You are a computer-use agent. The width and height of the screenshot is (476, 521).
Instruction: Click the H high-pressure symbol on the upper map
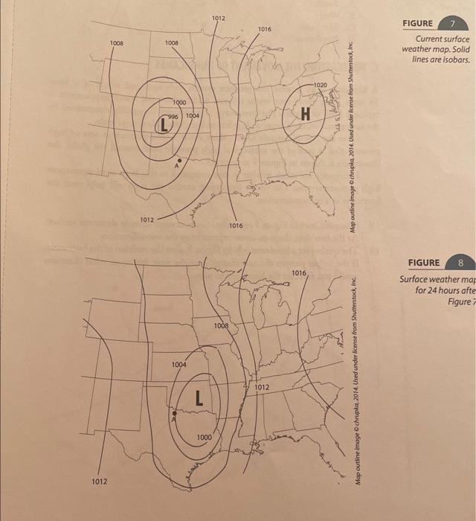(305, 113)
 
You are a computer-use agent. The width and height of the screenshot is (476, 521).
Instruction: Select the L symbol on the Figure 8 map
(199, 398)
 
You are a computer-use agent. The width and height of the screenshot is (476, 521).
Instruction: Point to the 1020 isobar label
(320, 86)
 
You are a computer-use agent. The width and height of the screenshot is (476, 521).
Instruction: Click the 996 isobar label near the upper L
(173, 116)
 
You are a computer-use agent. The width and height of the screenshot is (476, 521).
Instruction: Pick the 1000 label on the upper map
(179, 102)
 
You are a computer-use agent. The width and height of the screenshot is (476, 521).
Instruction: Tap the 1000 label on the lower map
(204, 437)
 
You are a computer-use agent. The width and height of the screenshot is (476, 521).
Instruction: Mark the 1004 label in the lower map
(179, 365)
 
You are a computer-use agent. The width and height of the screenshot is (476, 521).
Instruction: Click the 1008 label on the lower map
(221, 326)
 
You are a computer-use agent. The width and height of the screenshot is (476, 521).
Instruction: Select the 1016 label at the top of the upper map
(265, 28)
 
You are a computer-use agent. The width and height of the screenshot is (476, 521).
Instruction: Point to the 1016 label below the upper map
(236, 224)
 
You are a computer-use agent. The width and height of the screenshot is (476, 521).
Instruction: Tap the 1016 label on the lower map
(299, 274)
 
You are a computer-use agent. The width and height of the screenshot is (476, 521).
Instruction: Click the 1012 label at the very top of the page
(219, 17)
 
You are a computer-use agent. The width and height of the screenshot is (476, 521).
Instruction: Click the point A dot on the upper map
(179, 159)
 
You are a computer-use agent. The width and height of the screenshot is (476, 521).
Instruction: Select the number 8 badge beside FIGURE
(461, 263)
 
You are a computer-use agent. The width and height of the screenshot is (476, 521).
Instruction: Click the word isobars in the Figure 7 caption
(454, 59)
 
